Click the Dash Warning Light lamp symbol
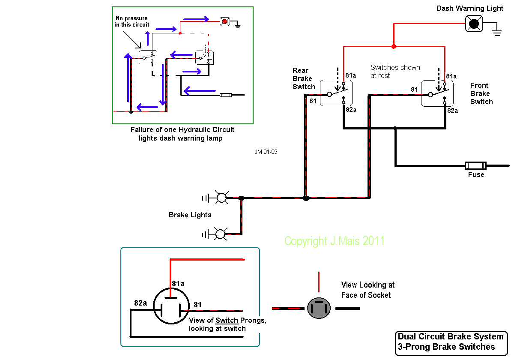[474, 24]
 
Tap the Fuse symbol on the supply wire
[475, 165]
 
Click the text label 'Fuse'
[476, 175]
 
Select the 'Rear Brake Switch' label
[304, 78]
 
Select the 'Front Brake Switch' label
[481, 93]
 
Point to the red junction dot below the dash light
[394, 46]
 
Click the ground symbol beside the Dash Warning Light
[496, 33]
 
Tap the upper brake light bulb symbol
[221, 198]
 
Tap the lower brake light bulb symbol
[220, 234]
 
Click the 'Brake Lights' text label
[190, 215]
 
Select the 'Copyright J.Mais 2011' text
[334, 241]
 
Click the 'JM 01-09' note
[266, 152]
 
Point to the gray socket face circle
[319, 308]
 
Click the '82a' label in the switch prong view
[140, 303]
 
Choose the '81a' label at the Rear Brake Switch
[350, 75]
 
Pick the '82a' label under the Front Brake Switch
[452, 110]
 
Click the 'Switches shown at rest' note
[395, 71]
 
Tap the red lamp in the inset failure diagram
[224, 21]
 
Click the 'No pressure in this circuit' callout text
[131, 21]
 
